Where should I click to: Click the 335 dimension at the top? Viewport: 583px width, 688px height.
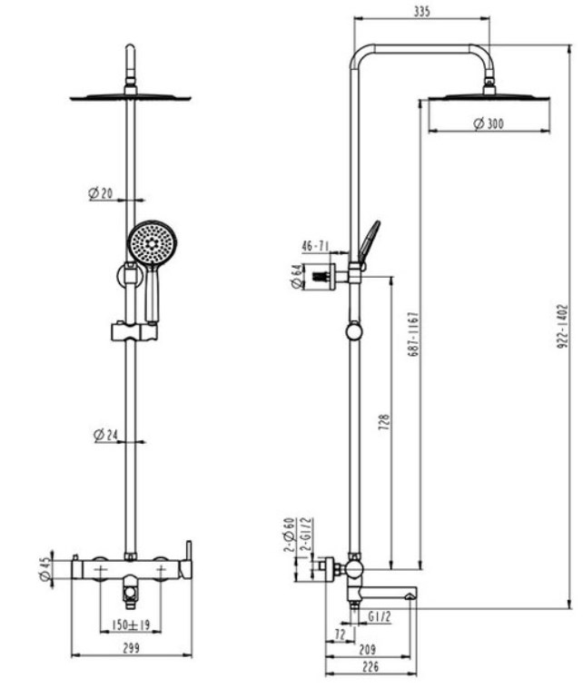[x=420, y=11]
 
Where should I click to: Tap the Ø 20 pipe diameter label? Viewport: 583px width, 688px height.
[x=100, y=193]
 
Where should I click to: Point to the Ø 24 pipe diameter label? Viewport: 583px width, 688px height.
[x=105, y=435]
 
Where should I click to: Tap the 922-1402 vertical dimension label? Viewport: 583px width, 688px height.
[x=563, y=327]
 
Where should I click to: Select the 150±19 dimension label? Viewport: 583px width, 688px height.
[x=130, y=626]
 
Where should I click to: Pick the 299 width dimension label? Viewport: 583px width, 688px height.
[x=131, y=648]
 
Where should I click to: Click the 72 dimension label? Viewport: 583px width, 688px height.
[x=340, y=634]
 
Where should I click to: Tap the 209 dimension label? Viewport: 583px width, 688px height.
[x=367, y=650]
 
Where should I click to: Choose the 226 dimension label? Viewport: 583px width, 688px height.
[x=367, y=667]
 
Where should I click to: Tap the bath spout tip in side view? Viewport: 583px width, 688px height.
[x=410, y=595]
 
